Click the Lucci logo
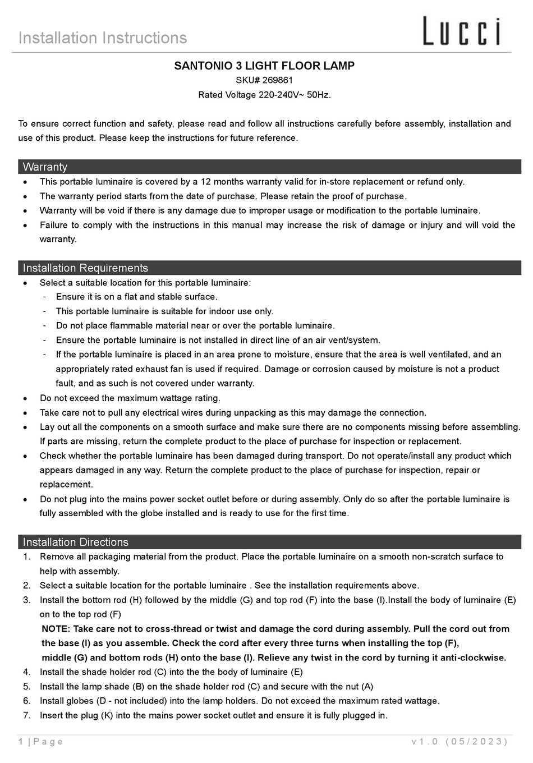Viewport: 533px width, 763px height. tap(461, 31)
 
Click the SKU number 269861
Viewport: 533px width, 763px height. tap(277, 80)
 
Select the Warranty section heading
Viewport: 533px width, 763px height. tap(45, 167)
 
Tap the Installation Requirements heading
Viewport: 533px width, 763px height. tap(85, 268)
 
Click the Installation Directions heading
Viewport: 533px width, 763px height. tap(75, 542)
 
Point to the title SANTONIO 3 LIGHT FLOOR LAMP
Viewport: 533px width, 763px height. tap(264, 66)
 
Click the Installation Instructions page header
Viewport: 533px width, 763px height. tap(103, 38)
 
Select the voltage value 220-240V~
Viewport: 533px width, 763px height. tap(281, 95)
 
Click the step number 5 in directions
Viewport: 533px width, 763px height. tap(26, 686)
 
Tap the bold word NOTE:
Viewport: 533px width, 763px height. tap(56, 629)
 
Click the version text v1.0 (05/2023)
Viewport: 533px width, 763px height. tap(459, 742)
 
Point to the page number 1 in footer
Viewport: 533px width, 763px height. tap(21, 742)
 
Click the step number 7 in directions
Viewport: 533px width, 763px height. tap(26, 715)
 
